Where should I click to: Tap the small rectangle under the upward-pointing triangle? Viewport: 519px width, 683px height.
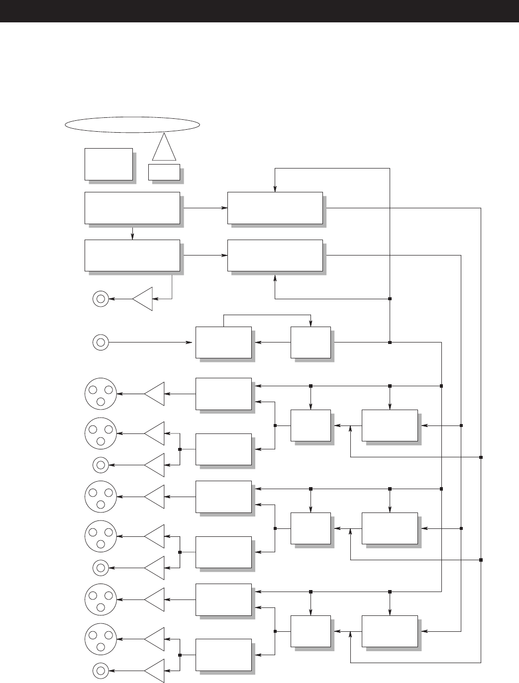tap(164, 171)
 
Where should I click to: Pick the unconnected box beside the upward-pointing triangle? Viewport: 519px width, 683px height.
tap(109, 164)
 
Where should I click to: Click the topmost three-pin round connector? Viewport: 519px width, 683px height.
tap(101, 394)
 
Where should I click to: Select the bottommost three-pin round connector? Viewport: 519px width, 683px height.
tap(101, 639)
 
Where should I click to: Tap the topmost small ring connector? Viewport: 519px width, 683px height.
tap(101, 299)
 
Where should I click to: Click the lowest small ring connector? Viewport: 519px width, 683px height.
tap(101, 671)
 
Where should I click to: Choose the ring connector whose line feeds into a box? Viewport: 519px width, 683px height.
tap(101, 342)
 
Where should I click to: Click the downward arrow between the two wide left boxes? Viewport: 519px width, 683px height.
tap(132, 232)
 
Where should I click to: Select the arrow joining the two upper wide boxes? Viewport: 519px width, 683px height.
tap(204, 208)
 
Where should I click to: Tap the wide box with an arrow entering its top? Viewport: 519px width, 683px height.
tap(275, 208)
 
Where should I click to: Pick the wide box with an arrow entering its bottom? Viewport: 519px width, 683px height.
tap(275, 255)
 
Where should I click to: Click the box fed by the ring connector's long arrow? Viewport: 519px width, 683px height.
tap(223, 342)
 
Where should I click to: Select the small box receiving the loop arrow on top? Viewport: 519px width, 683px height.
tap(311, 342)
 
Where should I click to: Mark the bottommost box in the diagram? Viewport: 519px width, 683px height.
tap(223, 655)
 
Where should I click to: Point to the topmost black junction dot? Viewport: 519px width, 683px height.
tap(390, 299)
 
